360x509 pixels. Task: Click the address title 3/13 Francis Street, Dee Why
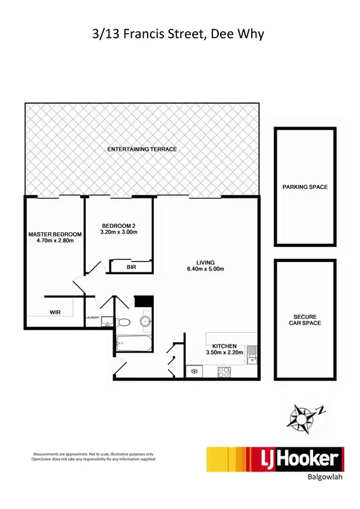tap(178, 34)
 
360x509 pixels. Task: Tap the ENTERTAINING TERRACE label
tap(142, 149)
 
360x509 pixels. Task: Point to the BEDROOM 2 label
tap(119, 226)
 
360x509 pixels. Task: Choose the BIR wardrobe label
tap(132, 267)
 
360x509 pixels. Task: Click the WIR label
tap(55, 312)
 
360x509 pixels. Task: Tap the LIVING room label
tap(205, 262)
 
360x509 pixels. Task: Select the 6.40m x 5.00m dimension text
tap(205, 269)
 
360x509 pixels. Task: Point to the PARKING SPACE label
tap(305, 187)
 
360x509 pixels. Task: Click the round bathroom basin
tap(146, 321)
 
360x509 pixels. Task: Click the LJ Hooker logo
tap(275, 459)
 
